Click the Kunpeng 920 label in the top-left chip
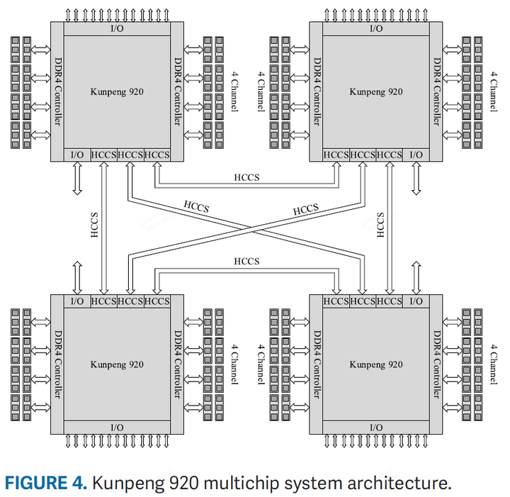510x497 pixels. [x=117, y=91]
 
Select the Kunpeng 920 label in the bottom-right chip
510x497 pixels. [x=376, y=364]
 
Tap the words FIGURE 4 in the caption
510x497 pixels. [x=46, y=484]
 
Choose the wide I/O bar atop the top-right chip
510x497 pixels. [x=376, y=28]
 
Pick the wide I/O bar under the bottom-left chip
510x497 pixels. [x=117, y=427]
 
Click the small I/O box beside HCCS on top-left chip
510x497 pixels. [x=77, y=155]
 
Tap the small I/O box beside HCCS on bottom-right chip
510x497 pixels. [x=416, y=301]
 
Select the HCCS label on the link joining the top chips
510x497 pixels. [x=246, y=177]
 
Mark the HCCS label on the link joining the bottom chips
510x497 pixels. [x=246, y=262]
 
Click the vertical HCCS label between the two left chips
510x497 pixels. [x=94, y=225]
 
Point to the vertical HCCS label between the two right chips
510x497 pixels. [x=380, y=225]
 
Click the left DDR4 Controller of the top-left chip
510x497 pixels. [x=57, y=91]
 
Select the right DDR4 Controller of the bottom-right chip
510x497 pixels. [x=436, y=364]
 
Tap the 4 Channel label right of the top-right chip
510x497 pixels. [x=494, y=91]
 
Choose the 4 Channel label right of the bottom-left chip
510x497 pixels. [x=235, y=364]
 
